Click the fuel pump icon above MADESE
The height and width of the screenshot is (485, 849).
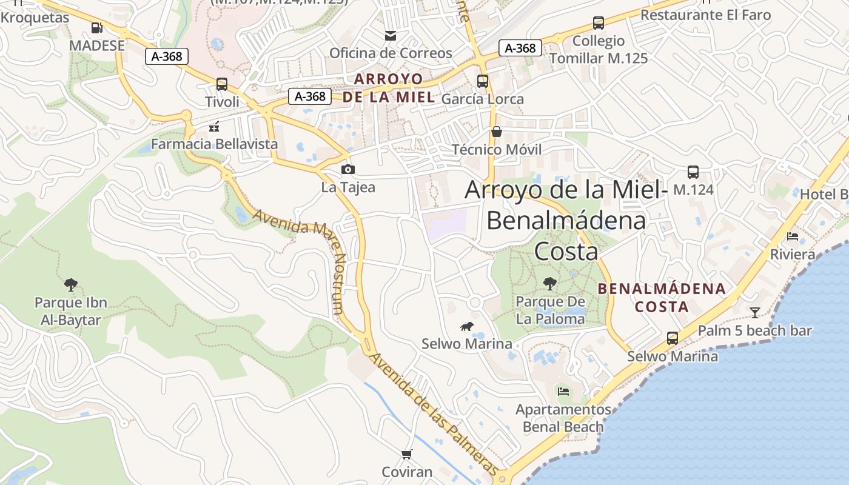(96, 27)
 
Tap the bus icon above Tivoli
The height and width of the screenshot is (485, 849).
(222, 84)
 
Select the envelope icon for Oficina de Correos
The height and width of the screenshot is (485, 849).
(391, 36)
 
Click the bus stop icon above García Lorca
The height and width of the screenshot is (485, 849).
(483, 81)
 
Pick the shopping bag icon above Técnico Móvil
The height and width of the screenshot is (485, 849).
(497, 132)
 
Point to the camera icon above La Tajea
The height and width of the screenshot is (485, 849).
(348, 169)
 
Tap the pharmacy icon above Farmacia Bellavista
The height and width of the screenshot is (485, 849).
(214, 127)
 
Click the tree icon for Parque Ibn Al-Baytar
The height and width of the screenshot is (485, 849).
(71, 284)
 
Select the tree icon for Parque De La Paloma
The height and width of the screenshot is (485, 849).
(550, 283)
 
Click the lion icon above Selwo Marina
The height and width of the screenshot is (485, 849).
(467, 327)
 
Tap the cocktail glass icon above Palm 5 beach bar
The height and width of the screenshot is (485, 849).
(754, 313)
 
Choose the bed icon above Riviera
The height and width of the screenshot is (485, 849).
(793, 236)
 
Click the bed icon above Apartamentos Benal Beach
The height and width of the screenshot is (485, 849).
(563, 392)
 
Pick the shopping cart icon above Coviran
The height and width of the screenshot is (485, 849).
(407, 454)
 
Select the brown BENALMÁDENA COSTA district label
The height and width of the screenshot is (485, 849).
(662, 298)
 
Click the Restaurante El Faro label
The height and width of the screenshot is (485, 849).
(705, 15)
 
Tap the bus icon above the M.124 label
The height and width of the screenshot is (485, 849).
(693, 172)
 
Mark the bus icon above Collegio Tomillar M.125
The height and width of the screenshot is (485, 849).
(599, 24)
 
